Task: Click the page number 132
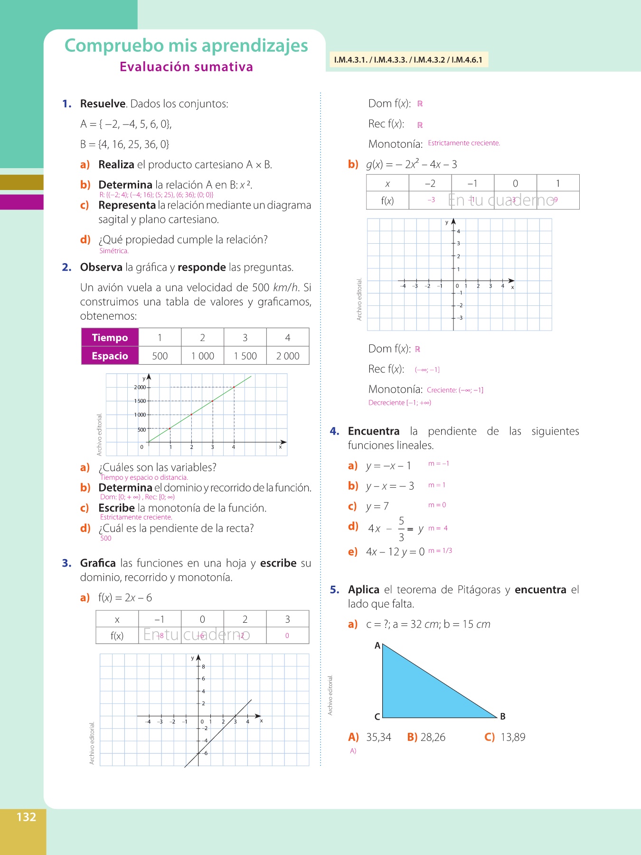pos(26,817)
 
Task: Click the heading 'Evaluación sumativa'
pos(186,67)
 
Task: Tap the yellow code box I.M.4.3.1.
pos(408,60)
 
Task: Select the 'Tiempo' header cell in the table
pos(110,338)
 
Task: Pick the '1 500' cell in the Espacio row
pos(245,356)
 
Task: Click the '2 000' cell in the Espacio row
pos(288,356)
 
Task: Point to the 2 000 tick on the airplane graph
pos(140,388)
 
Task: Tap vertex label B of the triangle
pos(503,716)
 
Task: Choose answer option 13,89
pos(513,737)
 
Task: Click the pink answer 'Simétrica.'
pos(114,251)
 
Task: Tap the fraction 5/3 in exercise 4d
pos(401,529)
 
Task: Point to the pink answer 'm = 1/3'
pos(440,551)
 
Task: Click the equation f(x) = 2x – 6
pos(125,598)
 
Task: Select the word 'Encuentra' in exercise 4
pos(374,431)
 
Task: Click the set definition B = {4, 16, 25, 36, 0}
pos(125,144)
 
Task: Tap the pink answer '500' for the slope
pos(106,538)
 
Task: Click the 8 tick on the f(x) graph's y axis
pos(203,666)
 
